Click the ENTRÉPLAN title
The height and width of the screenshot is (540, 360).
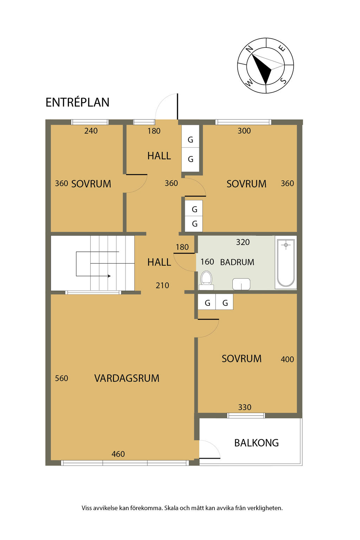pos(77,102)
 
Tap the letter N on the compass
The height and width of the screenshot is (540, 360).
pos(249,49)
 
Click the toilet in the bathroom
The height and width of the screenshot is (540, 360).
pos(206,280)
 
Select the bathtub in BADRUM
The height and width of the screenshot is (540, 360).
pos(286,263)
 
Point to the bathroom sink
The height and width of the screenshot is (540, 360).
pos(241,284)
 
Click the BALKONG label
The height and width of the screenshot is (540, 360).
pos(257,443)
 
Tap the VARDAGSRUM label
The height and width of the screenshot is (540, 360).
pos(127,378)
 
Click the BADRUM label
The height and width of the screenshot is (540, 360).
pos(237,262)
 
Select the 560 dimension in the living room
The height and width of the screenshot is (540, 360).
pos(62,378)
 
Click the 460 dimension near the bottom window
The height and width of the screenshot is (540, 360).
pos(118,454)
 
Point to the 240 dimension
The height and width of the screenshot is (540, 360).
pos(91,131)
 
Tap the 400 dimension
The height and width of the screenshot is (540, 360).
pos(288,359)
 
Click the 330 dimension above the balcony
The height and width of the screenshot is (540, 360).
pos(245,407)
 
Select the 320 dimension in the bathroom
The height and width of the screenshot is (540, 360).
pos(243,242)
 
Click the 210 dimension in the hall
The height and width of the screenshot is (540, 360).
pos(162,285)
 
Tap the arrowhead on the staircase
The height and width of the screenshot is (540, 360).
pos(109,276)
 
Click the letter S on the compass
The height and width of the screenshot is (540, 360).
pos(284,81)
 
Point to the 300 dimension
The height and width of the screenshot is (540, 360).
pos(244,131)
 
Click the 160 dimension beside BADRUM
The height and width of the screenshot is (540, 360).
pos(207,262)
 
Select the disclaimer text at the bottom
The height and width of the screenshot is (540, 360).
pos(182,508)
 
